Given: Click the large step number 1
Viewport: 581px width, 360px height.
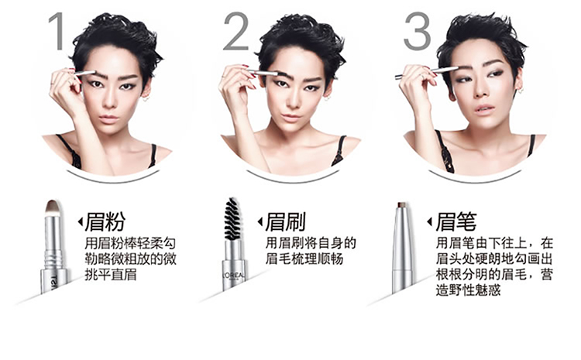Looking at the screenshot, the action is point(57,31).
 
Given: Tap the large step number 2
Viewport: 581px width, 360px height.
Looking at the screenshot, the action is point(236,31).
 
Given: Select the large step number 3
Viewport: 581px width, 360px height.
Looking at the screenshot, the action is point(418,31).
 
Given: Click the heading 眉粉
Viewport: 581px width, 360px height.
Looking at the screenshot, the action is point(105,221).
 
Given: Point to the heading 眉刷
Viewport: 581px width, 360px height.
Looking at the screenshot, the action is point(285,221).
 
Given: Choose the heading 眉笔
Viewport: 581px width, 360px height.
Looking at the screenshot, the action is point(456,221).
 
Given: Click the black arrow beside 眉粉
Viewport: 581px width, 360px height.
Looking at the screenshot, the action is point(80,222).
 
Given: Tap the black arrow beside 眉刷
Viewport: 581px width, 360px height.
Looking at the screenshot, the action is point(260,222).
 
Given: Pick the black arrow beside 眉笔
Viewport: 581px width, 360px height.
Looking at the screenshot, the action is point(429,222).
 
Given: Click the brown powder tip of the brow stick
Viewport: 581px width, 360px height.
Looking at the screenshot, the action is point(53,207).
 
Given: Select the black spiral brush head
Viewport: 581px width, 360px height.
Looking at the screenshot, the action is point(232,218).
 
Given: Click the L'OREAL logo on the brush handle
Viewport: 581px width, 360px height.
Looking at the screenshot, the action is point(233,276).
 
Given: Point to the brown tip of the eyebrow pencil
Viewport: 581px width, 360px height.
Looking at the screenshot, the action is point(402,204).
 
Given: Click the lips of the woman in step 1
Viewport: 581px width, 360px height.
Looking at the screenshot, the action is point(108,119).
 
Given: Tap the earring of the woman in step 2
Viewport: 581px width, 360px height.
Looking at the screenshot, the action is point(326,98).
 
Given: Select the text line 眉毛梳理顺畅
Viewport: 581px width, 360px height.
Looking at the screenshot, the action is point(304,259).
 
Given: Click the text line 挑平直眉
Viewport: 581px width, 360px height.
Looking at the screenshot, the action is point(111,274).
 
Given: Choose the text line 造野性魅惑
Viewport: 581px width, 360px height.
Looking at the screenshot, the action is point(469,290).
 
